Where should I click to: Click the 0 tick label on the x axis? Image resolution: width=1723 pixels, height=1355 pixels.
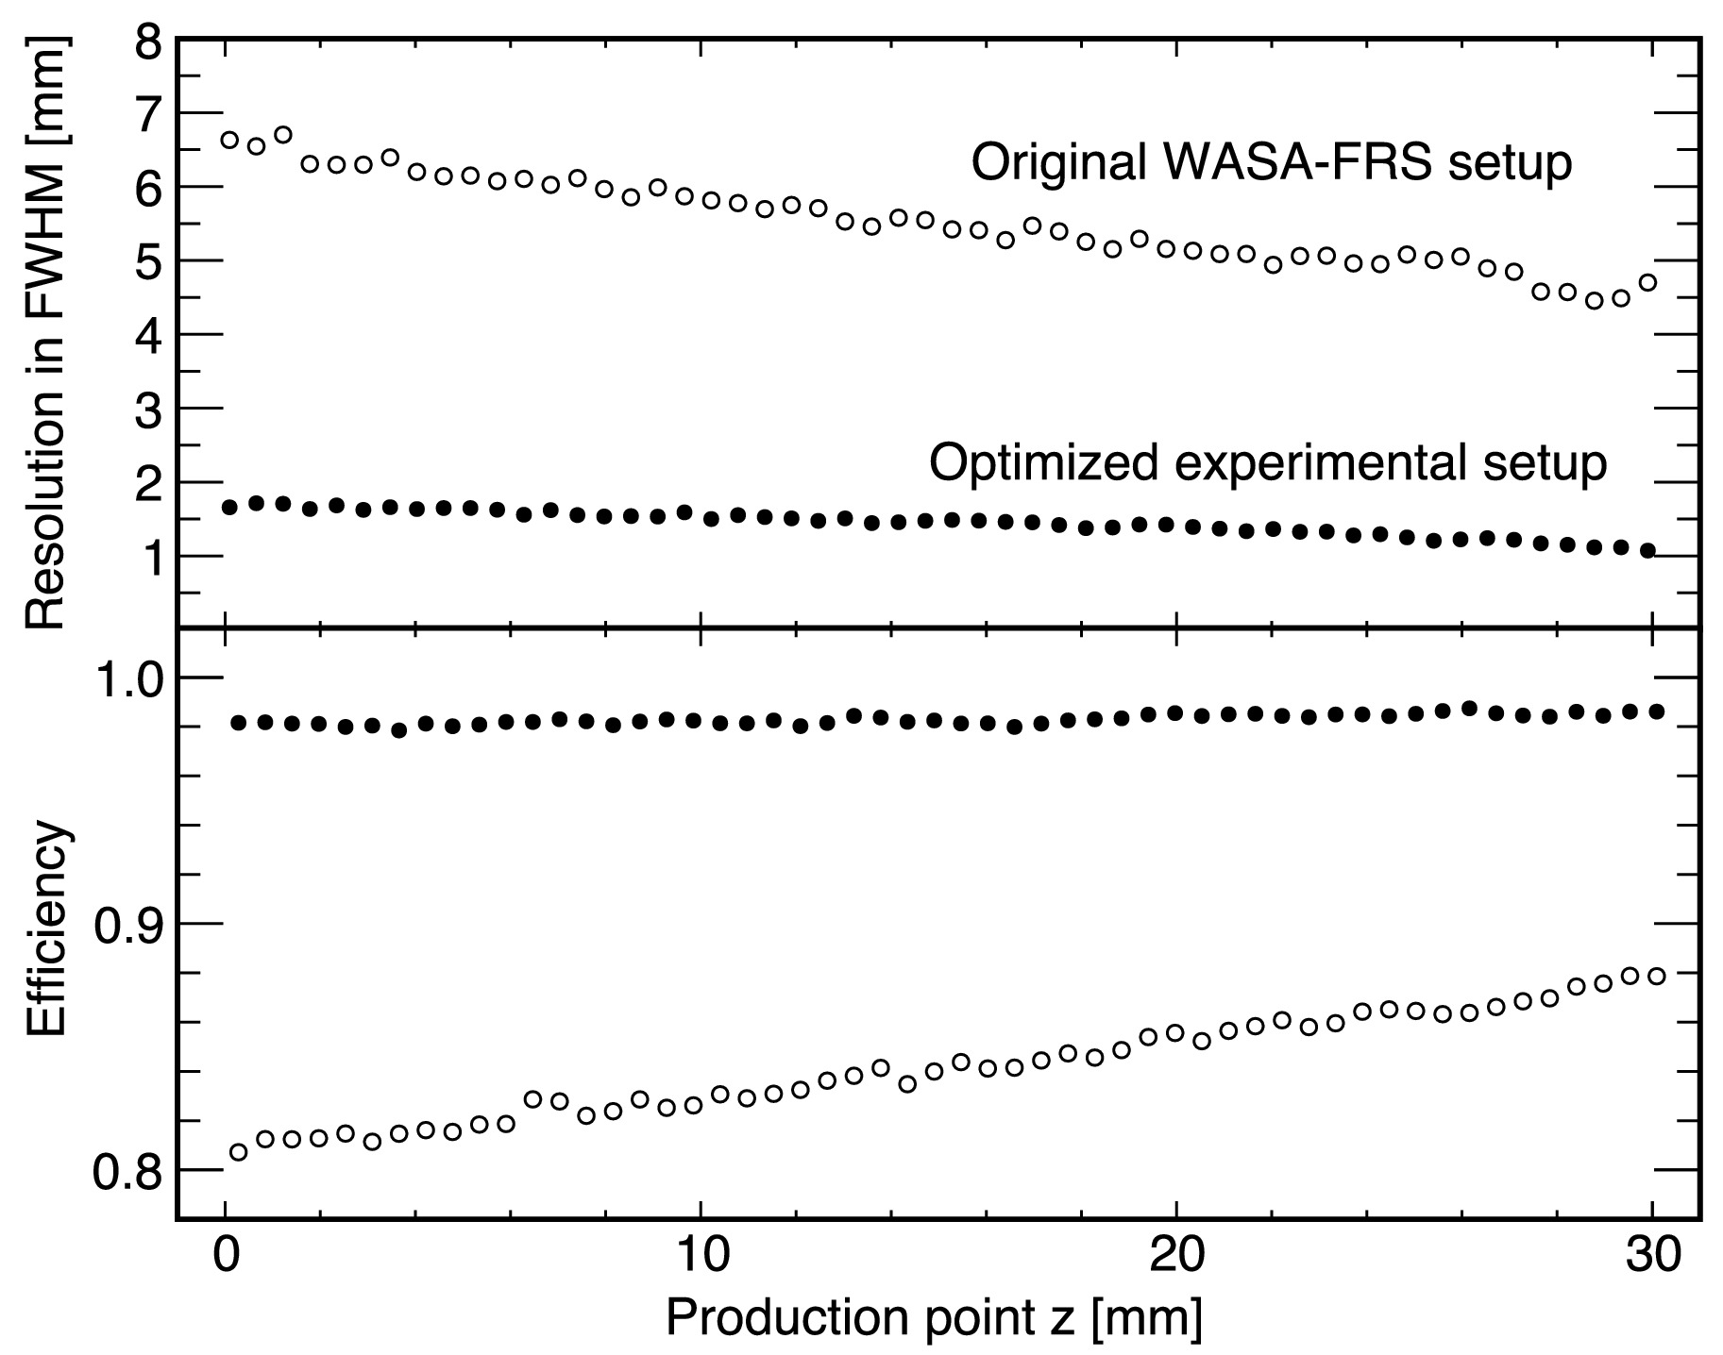226,1257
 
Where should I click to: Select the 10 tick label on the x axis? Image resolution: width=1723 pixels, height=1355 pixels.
701,1257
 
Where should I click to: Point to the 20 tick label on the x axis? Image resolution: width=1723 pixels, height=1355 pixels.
1176,1257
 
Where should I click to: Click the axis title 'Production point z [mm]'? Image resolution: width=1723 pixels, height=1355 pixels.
934,1317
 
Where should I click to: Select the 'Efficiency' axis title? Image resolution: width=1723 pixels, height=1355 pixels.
45,930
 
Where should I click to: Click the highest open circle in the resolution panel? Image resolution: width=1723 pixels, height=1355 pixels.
282,135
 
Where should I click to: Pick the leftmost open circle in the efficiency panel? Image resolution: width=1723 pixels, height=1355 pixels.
238,1152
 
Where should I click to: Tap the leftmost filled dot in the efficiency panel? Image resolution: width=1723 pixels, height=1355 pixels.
238,723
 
